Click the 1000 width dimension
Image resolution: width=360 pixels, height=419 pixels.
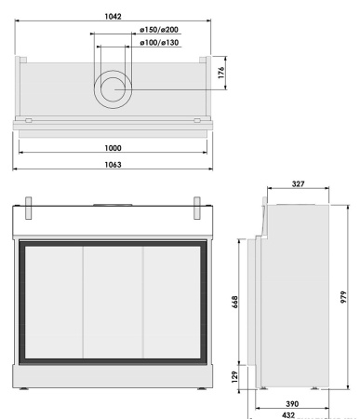(114, 148)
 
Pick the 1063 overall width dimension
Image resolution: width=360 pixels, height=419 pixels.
(114, 163)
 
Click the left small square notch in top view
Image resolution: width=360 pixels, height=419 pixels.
(29, 120)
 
